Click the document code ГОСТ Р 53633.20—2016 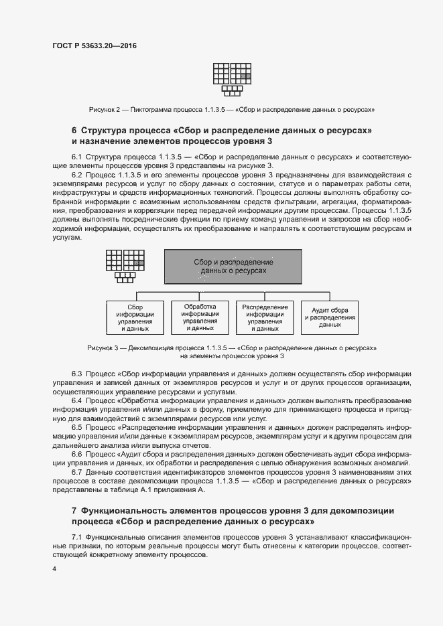(x=99, y=46)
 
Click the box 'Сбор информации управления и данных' (x=136, y=317)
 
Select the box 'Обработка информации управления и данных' (x=200, y=317)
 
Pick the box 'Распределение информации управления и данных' (x=265, y=317)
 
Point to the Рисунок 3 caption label (x=105, y=348)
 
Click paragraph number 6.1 (x=78, y=156)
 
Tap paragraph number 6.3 (x=78, y=373)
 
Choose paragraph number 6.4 (x=78, y=400)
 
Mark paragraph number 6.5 (x=78, y=426)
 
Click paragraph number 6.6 (x=78, y=454)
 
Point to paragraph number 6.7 (x=78, y=472)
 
